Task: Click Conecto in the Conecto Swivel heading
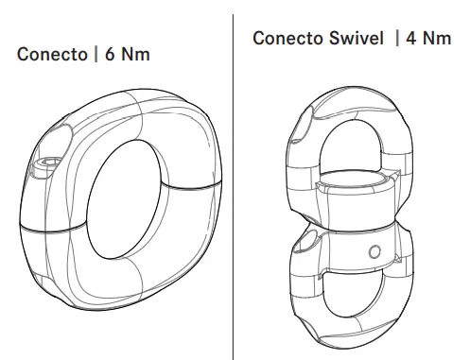(x=286, y=38)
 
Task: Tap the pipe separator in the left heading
(x=97, y=56)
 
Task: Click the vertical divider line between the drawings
(x=234, y=189)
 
